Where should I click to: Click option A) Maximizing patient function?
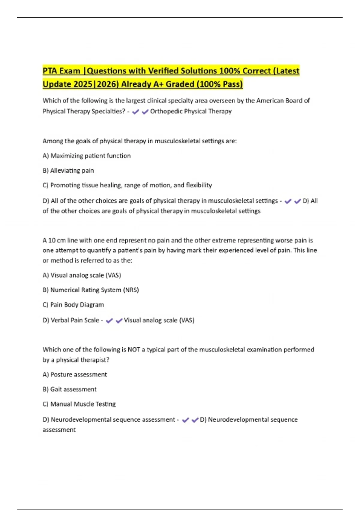(87, 156)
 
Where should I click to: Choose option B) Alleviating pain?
(68, 171)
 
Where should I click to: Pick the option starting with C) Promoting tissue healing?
(127, 185)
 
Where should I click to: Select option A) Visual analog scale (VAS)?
(82, 275)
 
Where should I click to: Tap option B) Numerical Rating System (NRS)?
(91, 290)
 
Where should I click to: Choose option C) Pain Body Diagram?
(73, 305)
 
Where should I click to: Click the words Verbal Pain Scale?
(75, 320)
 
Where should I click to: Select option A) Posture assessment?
(75, 375)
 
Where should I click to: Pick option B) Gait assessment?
(70, 389)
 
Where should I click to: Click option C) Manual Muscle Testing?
(79, 404)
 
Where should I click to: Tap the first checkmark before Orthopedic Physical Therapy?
(135, 112)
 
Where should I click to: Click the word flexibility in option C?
(199, 185)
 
